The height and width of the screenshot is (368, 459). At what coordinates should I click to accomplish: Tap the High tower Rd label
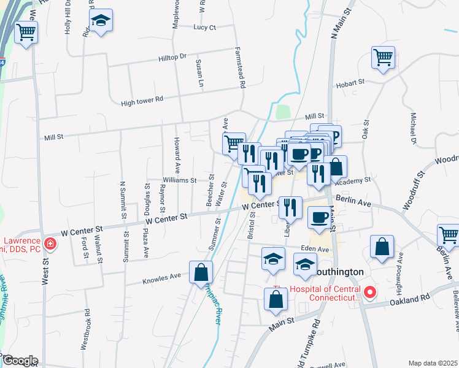point(142,99)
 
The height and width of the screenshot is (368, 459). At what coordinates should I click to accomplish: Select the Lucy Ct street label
point(204,28)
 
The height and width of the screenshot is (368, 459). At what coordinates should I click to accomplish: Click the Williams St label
point(179,180)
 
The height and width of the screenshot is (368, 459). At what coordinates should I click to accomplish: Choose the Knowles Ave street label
point(162,277)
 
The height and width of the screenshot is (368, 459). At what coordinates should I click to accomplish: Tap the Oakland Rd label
point(417,299)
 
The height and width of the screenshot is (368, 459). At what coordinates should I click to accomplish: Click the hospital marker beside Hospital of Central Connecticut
point(370,293)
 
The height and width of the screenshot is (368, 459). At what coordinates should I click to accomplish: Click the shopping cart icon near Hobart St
point(383,58)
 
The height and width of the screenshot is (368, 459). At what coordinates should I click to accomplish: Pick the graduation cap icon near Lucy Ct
point(100,21)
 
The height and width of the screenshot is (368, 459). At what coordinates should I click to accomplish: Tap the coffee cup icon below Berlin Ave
point(319,217)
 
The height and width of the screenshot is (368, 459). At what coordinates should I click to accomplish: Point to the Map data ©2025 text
point(432,363)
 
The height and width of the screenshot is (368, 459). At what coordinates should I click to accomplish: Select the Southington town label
point(339,271)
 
